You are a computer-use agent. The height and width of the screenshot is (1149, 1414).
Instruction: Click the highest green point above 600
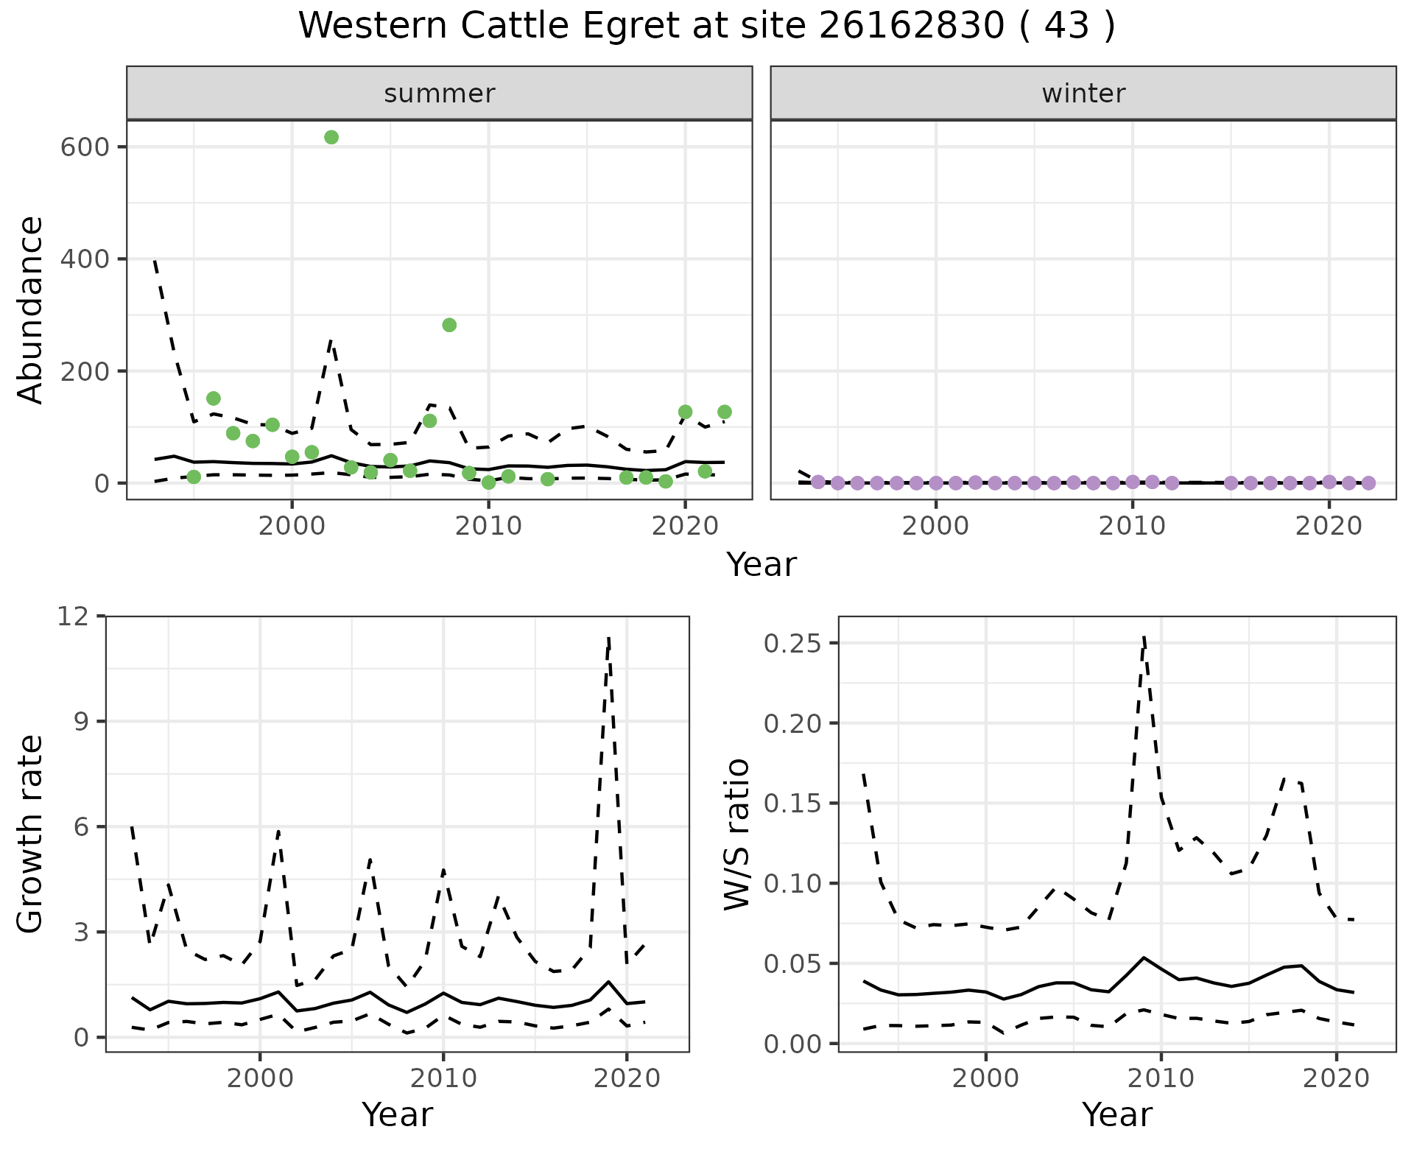[x=331, y=137]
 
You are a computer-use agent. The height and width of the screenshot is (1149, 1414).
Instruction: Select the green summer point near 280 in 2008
[x=449, y=325]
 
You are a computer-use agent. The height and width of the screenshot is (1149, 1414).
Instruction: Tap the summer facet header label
[x=440, y=94]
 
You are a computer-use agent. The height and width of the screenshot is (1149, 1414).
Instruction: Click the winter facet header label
[x=1083, y=94]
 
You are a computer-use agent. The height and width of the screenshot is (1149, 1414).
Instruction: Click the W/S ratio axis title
[x=736, y=834]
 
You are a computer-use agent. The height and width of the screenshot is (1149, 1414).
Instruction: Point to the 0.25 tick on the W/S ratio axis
[x=792, y=643]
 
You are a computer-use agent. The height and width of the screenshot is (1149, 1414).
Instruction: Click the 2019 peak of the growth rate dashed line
[x=609, y=638]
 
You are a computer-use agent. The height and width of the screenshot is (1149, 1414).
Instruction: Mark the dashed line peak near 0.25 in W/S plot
[x=1144, y=637]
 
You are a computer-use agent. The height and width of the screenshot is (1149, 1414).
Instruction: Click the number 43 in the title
[x=1066, y=27]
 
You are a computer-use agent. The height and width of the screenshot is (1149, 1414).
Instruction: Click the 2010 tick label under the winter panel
[x=1132, y=526]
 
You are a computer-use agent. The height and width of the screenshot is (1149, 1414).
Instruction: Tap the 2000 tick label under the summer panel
[x=292, y=526]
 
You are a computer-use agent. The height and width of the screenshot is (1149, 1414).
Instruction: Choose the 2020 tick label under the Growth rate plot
[x=627, y=1079]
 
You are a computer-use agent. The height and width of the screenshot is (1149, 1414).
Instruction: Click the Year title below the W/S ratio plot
[x=1116, y=1115]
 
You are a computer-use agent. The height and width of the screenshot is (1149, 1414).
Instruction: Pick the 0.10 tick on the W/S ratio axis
[x=792, y=883]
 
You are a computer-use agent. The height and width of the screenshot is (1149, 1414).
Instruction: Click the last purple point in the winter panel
[x=1368, y=483]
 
